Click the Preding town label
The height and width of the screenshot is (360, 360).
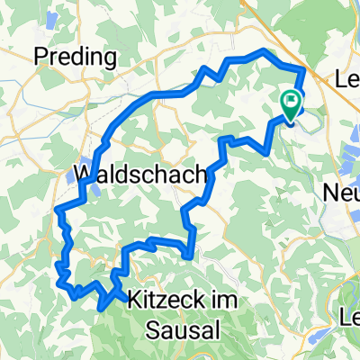tap(76, 58)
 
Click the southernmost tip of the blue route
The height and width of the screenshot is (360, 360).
tap(101, 308)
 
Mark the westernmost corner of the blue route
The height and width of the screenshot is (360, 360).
tap(57, 210)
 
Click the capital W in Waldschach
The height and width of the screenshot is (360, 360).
tap(84, 173)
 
